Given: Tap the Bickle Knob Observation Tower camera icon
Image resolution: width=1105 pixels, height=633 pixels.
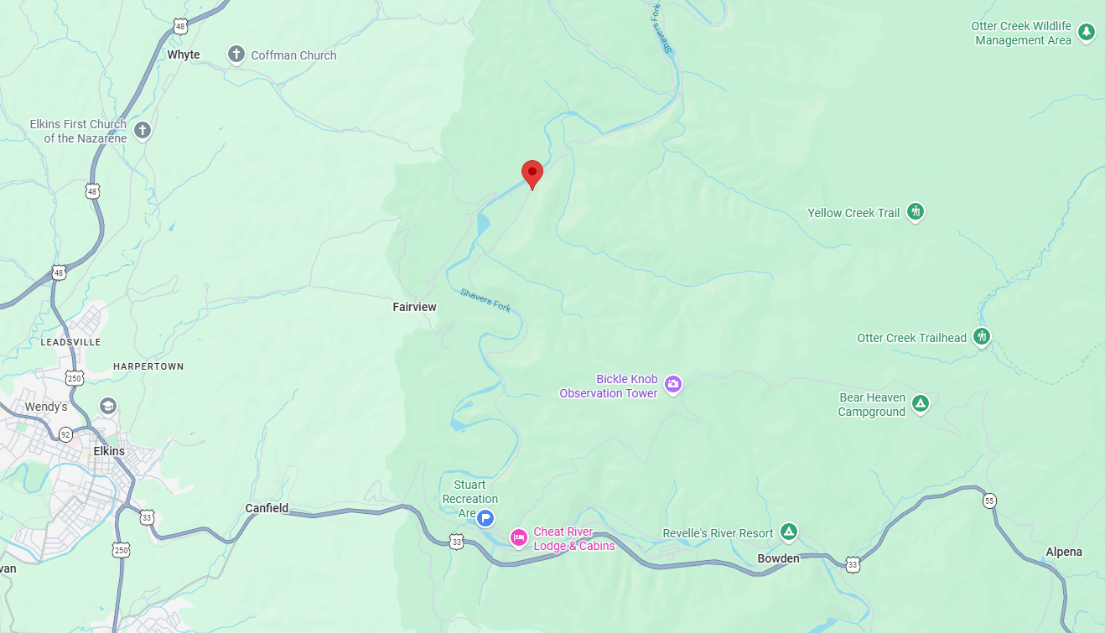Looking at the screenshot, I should coord(672,385).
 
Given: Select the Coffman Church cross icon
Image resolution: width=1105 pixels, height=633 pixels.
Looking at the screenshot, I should coord(236,55).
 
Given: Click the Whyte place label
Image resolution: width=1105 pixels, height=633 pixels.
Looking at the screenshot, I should coord(184,55).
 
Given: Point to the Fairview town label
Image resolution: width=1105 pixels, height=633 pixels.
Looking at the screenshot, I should coord(414,307).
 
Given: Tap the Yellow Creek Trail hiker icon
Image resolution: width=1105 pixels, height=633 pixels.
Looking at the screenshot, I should coord(916,212).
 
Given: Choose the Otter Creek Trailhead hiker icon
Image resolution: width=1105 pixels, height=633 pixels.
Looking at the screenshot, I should coord(982,337).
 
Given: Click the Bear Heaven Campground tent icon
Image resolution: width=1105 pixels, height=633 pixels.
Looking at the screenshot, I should coord(921,404).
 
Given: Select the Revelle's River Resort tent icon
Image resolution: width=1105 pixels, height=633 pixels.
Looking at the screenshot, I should coord(788,532).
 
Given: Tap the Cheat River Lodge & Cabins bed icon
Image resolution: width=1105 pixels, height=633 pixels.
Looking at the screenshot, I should coord(519,537).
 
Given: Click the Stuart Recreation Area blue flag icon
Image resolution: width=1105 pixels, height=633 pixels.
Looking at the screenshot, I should coord(485,518).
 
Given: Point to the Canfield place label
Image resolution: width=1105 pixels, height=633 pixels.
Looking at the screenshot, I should coord(267,508).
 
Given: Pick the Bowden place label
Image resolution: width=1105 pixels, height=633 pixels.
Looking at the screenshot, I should coord(778,558).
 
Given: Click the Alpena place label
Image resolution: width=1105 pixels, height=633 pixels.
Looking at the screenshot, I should coord(1064,552).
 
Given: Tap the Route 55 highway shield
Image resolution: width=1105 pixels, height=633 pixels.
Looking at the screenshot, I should coord(989,501).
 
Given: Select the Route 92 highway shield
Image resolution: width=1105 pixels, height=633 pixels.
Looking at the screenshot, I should coord(65,434).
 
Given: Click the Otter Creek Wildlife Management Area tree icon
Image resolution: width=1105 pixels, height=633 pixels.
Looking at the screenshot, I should coord(1087,33).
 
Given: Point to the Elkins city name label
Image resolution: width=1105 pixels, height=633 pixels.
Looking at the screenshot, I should coord(109,451).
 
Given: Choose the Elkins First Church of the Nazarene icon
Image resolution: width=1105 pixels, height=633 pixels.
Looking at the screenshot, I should coord(143,131).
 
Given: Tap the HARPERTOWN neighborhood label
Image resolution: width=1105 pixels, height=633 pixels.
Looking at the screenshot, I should coord(148,366).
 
